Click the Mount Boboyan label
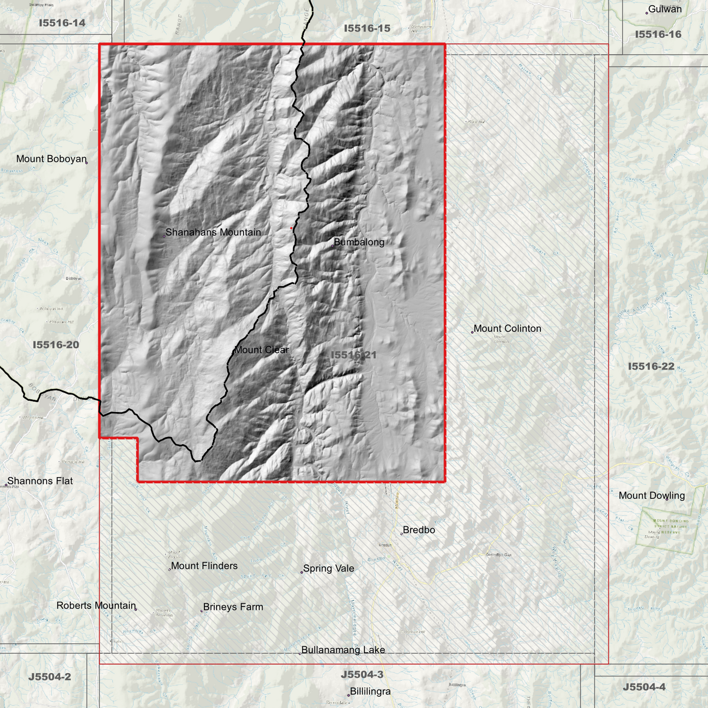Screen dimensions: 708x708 pyautogui.click(x=51, y=159)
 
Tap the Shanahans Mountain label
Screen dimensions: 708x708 pyautogui.click(x=213, y=232)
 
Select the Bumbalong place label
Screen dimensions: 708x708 pyautogui.click(x=359, y=242)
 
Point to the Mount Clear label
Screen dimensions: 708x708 pyautogui.click(x=262, y=350)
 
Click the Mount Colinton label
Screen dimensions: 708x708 pyautogui.click(x=507, y=329)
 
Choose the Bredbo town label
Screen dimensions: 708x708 pyautogui.click(x=419, y=530)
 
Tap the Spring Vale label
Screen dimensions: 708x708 pyautogui.click(x=328, y=568)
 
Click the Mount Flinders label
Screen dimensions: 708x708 pyautogui.click(x=204, y=566)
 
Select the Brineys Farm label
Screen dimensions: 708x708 pyautogui.click(x=233, y=607)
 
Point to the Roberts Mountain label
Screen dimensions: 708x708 pyautogui.click(x=96, y=606)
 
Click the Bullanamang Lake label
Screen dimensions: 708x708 pyautogui.click(x=343, y=650)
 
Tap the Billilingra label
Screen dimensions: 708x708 pyautogui.click(x=370, y=692)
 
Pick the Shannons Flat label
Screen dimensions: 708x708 pyautogui.click(x=40, y=481)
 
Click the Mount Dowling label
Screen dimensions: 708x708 pyautogui.click(x=652, y=495)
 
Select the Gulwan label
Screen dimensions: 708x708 pyautogui.click(x=665, y=9)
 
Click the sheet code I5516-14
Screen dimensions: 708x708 pyautogui.click(x=62, y=23)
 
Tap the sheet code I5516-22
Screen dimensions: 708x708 pyautogui.click(x=651, y=366)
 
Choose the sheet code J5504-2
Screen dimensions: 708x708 pyautogui.click(x=49, y=677)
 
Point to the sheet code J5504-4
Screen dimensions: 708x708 pyautogui.click(x=644, y=687)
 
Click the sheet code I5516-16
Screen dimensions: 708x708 pyautogui.click(x=658, y=34)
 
